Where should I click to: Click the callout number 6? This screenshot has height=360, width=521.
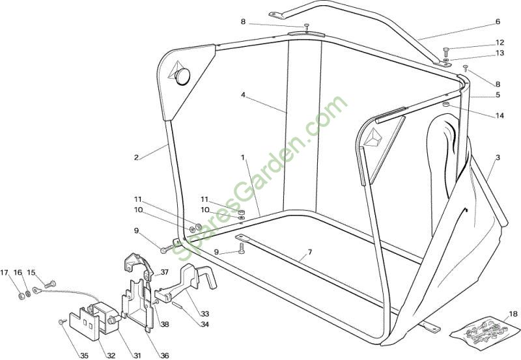498,22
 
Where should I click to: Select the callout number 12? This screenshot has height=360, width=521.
500,42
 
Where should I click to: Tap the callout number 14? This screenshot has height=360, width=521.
500,116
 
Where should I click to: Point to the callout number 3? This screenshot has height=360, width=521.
498,158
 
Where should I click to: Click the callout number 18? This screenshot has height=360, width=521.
513,314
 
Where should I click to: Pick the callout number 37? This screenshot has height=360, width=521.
165,272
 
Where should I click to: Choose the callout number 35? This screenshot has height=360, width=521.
85,355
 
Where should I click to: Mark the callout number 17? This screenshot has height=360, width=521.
5,273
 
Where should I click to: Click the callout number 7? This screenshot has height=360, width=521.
310,252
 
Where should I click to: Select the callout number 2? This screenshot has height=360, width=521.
136,158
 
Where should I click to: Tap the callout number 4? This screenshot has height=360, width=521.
243,95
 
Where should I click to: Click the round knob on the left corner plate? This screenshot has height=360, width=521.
182,76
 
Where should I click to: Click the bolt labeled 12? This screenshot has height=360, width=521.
445,51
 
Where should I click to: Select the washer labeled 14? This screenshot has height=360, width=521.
446,105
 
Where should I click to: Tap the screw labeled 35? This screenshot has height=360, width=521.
62,322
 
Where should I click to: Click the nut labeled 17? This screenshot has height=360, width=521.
21,295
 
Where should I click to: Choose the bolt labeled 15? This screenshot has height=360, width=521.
50,284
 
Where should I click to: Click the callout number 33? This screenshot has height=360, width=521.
204,314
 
